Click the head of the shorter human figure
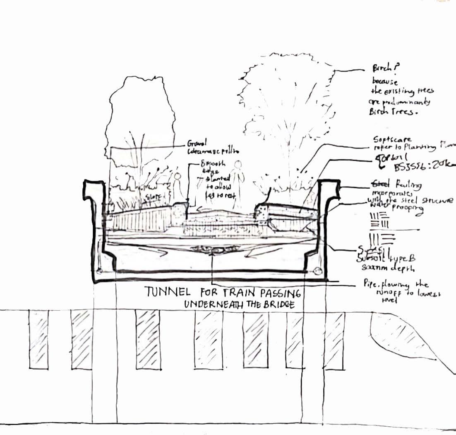(x=178, y=177)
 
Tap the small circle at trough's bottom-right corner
(x=318, y=271)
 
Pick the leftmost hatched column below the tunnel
(x=38, y=339)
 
